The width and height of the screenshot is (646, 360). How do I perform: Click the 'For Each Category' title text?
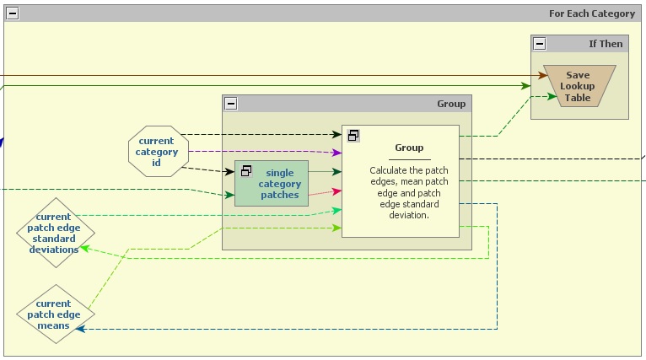point(591,13)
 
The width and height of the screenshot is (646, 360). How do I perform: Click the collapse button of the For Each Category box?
point(13,13)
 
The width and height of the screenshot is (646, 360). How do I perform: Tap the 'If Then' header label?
point(605,44)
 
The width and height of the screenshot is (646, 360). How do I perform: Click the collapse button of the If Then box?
point(540,44)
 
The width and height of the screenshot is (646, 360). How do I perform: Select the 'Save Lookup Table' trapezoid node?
point(578,86)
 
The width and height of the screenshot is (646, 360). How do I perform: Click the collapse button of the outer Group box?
point(231,104)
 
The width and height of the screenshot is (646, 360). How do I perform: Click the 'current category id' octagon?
point(156,152)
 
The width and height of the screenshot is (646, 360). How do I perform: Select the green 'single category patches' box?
point(272,183)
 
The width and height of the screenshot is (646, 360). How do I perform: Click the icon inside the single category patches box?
point(246,171)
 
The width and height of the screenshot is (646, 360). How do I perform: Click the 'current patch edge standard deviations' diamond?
point(56,233)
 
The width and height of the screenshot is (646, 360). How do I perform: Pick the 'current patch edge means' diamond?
point(56,314)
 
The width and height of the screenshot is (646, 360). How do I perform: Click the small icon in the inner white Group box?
point(354,135)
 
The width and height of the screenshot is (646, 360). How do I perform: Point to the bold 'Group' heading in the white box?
point(409,148)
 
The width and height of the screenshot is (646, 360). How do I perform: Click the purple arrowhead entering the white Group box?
point(336,153)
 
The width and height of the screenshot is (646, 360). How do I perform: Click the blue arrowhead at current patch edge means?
point(81,329)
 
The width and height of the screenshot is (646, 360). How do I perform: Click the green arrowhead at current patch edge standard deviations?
point(83,250)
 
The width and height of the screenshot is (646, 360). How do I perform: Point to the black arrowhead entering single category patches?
point(229,172)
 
